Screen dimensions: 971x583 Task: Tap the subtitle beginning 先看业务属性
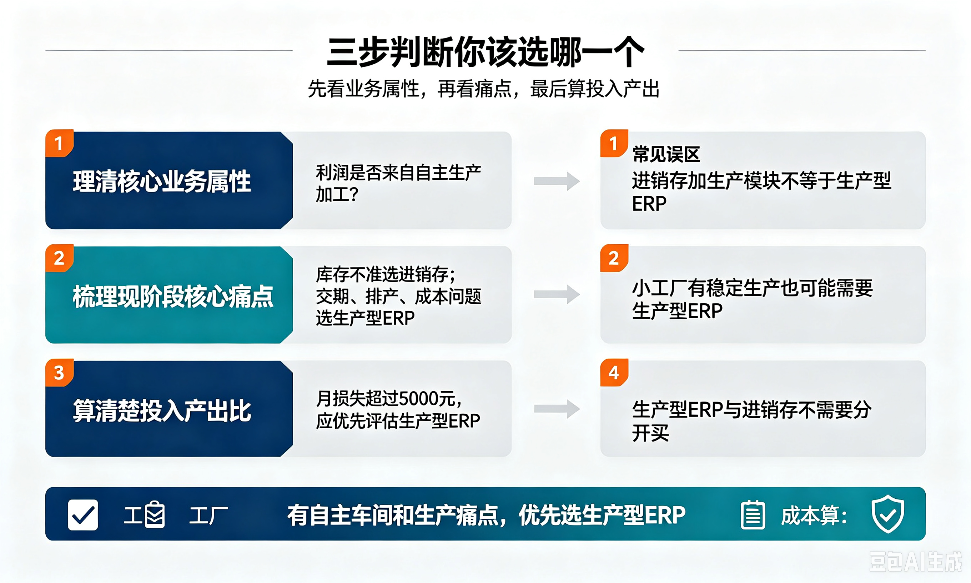point(484,89)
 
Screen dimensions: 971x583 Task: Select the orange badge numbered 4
point(614,373)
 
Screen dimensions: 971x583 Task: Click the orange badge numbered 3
point(59,373)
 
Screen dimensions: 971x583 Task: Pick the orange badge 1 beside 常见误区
point(614,143)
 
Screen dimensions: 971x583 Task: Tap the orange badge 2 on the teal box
point(59,258)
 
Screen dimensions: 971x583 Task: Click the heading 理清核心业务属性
point(162,181)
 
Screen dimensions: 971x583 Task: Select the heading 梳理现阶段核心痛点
point(173,296)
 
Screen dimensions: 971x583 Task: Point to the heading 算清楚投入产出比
point(162,411)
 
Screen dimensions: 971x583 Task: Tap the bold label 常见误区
point(666,154)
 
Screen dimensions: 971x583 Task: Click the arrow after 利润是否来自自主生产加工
point(557,181)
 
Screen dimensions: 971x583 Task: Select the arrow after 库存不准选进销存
point(557,295)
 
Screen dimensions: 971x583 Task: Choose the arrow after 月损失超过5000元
point(557,409)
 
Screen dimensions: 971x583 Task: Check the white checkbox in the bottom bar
point(83,515)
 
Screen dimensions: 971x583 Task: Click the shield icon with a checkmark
point(888,513)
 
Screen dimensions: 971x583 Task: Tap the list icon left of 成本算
point(753,515)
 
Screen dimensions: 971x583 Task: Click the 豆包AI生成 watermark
point(915,562)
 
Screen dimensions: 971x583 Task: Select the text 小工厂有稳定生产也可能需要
point(753,288)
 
